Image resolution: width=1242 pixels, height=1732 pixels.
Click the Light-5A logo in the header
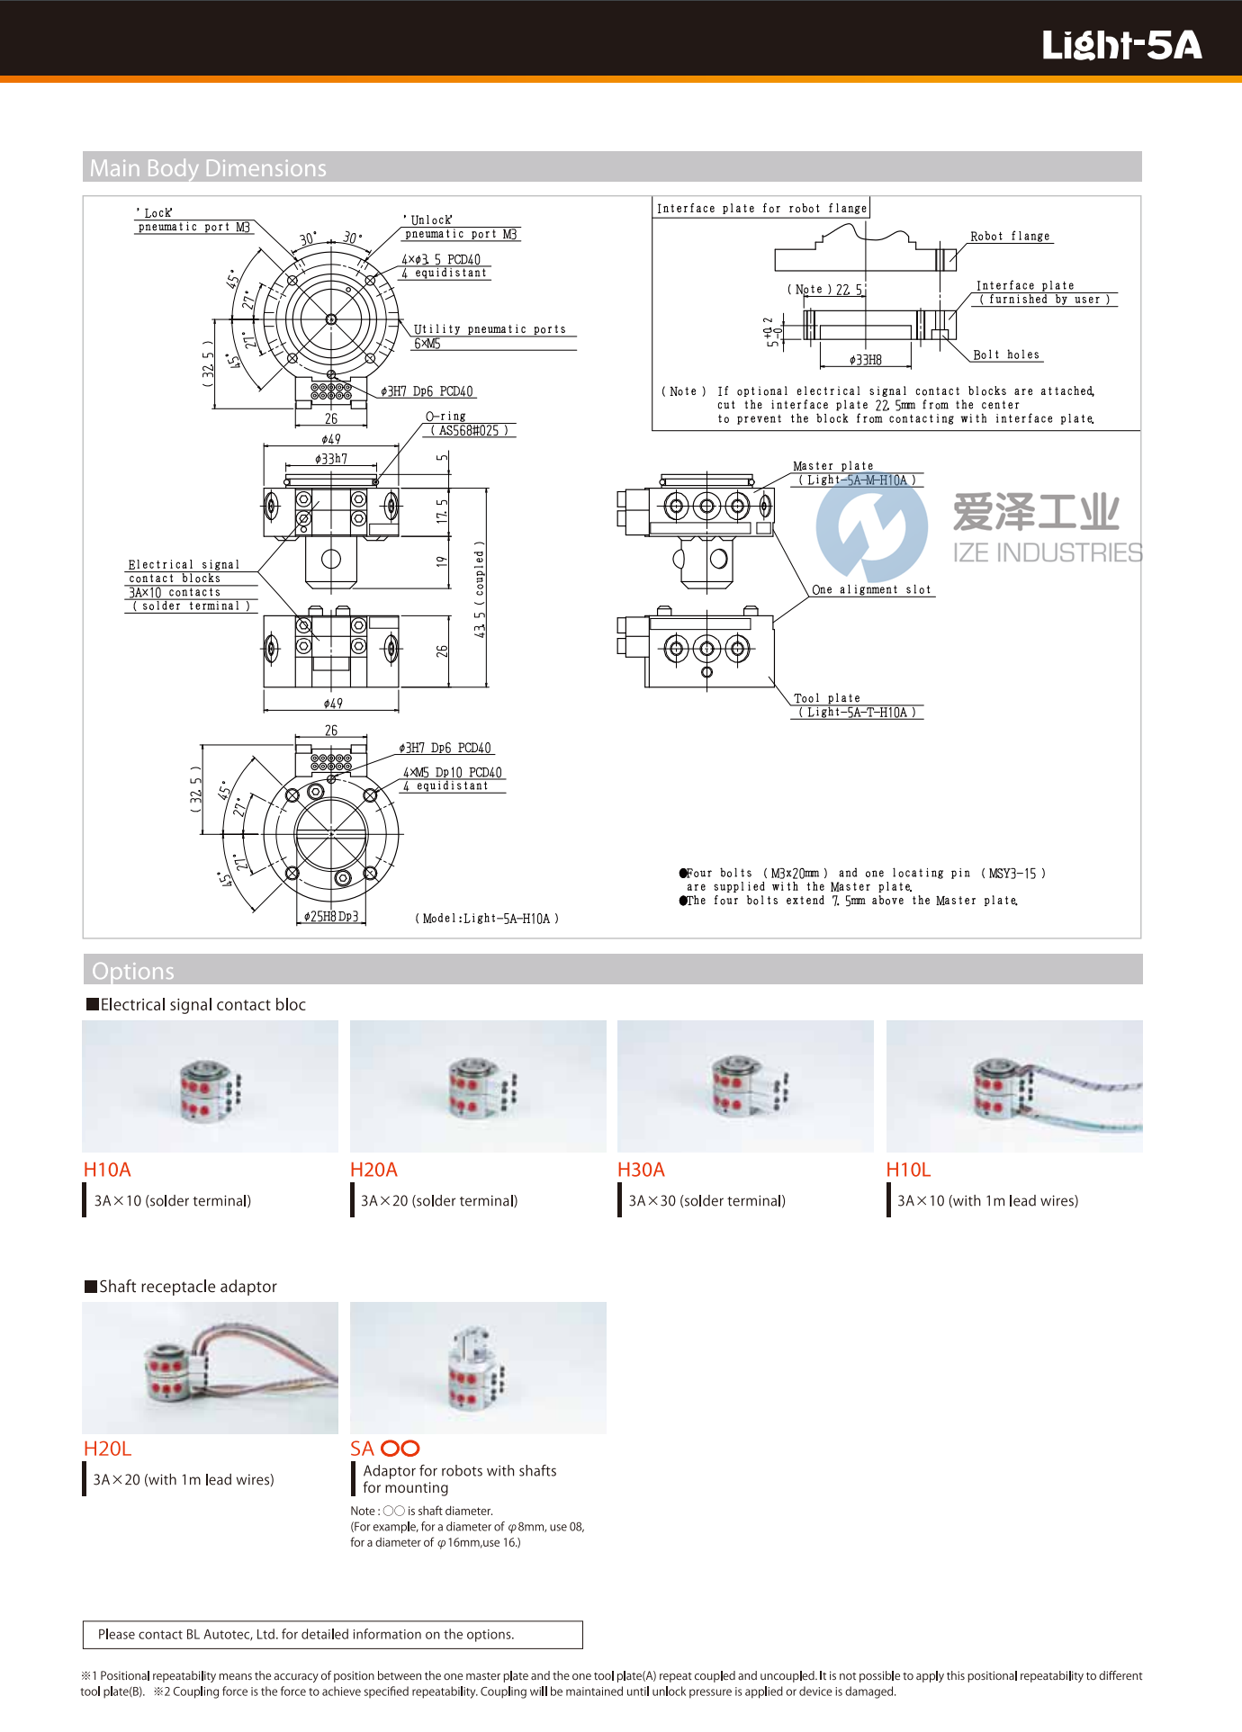[x=1120, y=45]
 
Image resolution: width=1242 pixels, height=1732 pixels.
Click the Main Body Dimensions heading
[x=208, y=168]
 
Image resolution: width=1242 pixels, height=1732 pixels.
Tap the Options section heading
[x=133, y=971]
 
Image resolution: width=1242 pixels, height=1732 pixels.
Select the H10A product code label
[x=107, y=1170]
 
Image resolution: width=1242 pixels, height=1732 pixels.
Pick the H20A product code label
[x=373, y=1170]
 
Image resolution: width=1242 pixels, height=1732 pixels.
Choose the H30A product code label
[x=641, y=1170]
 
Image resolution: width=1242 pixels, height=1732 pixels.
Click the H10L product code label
[x=908, y=1170]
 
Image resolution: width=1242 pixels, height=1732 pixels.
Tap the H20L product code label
[x=107, y=1449]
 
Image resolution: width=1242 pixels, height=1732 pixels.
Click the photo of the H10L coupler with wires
[x=1014, y=1086]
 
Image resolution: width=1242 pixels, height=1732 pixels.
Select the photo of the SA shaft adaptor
[x=478, y=1368]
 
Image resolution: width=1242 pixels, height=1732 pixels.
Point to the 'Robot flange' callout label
[x=1010, y=237]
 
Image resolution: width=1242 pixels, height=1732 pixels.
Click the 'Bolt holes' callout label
[x=1006, y=355]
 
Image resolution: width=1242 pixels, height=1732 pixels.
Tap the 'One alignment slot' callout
[x=871, y=590]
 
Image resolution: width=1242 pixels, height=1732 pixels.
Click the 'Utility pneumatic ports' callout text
[x=490, y=329]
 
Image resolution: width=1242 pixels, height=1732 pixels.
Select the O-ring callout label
[x=446, y=417]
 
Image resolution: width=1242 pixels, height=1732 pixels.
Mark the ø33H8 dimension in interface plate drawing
[x=866, y=360]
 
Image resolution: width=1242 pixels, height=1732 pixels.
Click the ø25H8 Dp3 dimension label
[x=331, y=917]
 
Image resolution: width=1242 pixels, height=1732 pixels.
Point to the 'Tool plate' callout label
[x=827, y=698]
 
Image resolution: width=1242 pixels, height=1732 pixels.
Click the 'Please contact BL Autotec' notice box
[x=332, y=1635]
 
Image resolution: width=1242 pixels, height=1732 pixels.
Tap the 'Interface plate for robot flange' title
[x=761, y=209]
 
